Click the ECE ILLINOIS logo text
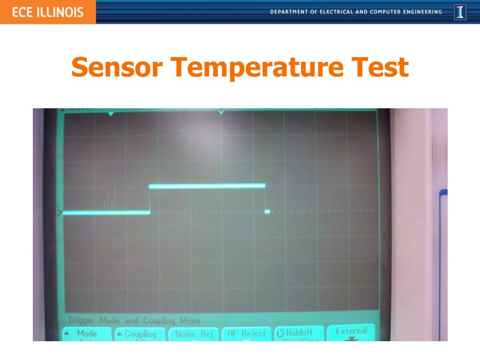click(x=48, y=12)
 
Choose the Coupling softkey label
click(x=140, y=334)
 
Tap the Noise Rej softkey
click(x=194, y=334)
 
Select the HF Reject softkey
click(x=247, y=334)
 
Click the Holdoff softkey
click(x=299, y=333)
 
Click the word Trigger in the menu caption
click(x=81, y=321)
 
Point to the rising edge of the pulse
click(x=150, y=199)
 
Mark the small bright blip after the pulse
click(x=267, y=212)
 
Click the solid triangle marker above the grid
click(x=111, y=113)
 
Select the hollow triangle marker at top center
click(x=221, y=112)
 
